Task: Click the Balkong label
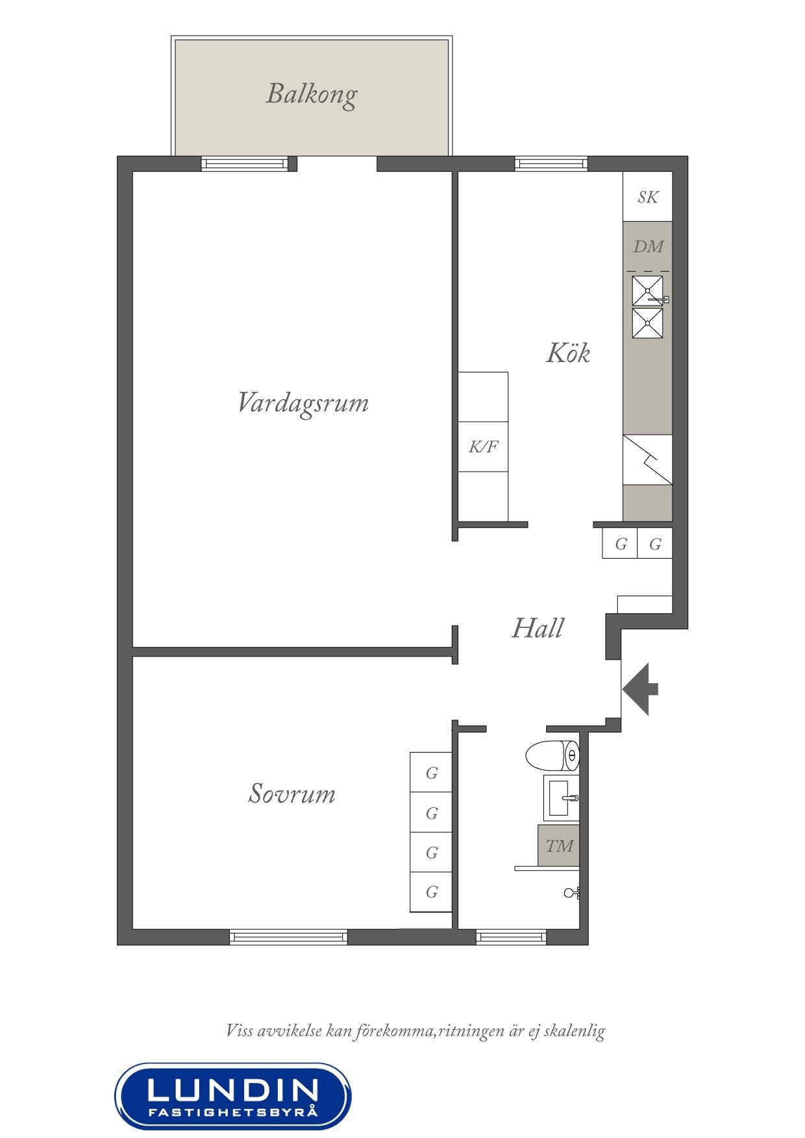pyautogui.click(x=312, y=95)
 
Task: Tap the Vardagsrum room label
pyautogui.click(x=303, y=403)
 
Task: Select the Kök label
pyautogui.click(x=568, y=353)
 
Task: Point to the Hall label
pyautogui.click(x=538, y=628)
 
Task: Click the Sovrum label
pyautogui.click(x=292, y=793)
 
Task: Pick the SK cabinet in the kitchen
pyautogui.click(x=647, y=197)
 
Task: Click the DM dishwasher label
pyautogui.click(x=648, y=247)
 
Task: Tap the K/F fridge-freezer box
pyautogui.click(x=483, y=446)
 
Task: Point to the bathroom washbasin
pyautogui.click(x=561, y=797)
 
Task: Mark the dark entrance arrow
pyautogui.click(x=640, y=689)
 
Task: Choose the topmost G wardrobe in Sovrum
pyautogui.click(x=431, y=772)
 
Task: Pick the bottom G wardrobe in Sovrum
pyautogui.click(x=431, y=891)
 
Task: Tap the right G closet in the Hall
pyautogui.click(x=654, y=543)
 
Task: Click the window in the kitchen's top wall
pyautogui.click(x=551, y=163)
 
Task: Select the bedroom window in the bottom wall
pyautogui.click(x=288, y=936)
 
